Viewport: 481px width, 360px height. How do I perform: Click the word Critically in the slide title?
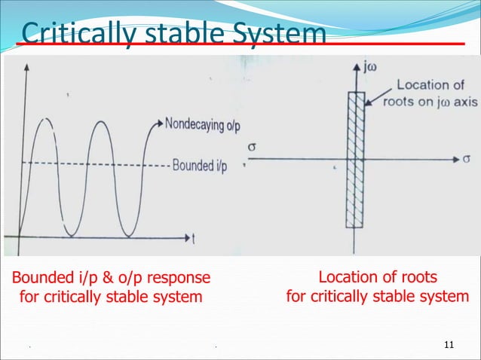[67, 34]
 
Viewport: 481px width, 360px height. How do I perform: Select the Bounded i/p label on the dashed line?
[200, 165]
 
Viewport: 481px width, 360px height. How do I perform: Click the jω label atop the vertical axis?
[369, 67]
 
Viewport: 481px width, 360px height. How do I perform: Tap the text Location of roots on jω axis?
[429, 93]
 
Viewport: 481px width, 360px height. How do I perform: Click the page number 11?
[450, 345]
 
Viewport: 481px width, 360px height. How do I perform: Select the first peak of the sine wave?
[46, 119]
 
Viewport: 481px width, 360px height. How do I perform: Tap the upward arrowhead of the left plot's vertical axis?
[27, 67]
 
